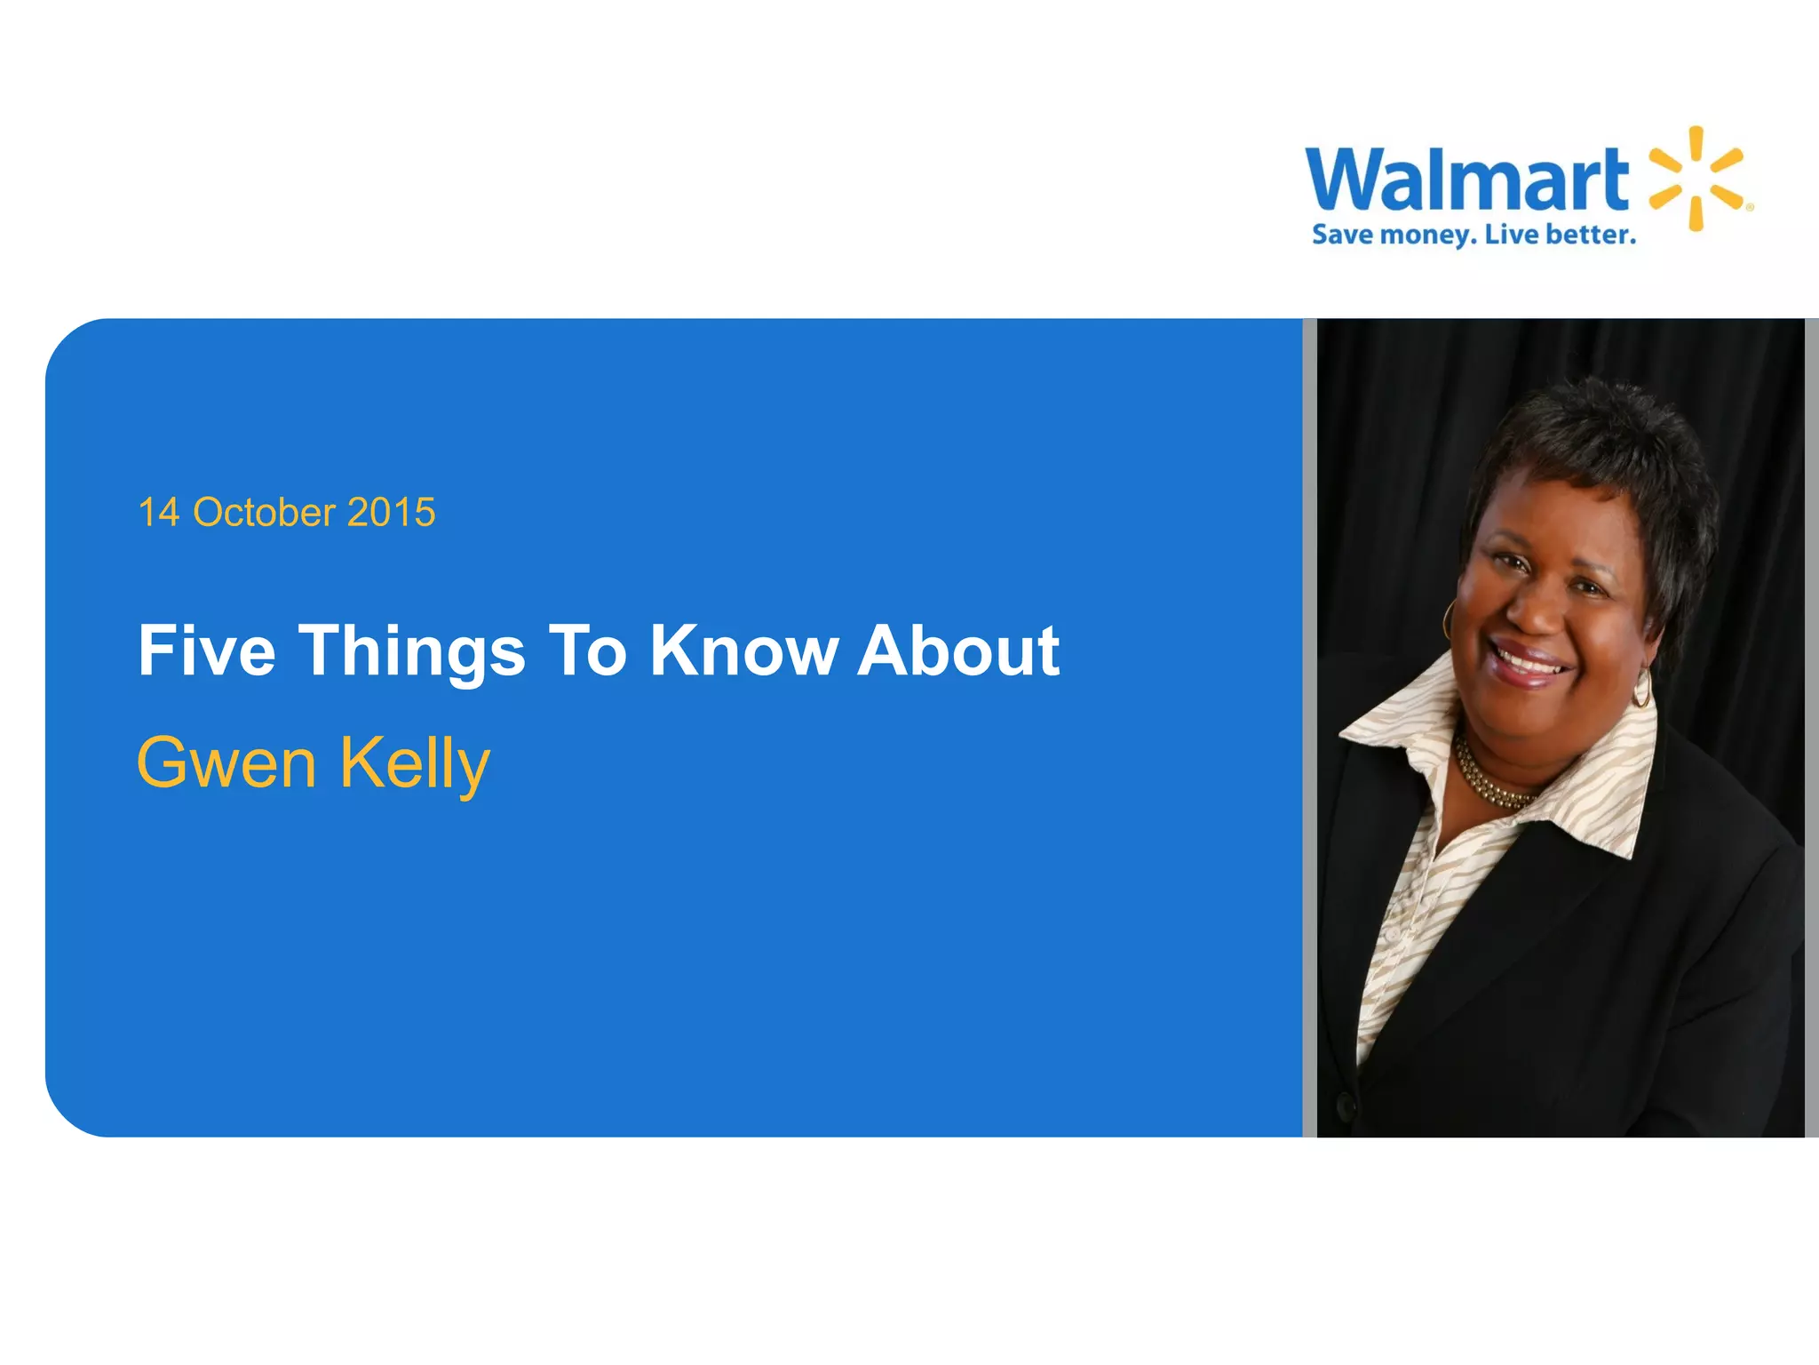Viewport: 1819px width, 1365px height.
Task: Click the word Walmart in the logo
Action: (1466, 180)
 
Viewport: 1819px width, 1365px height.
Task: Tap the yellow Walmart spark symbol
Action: (1696, 179)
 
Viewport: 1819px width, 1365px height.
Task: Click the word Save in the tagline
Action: (1342, 235)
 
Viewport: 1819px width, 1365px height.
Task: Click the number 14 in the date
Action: (159, 513)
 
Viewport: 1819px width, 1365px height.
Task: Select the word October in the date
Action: (264, 513)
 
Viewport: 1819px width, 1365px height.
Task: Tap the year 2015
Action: (391, 513)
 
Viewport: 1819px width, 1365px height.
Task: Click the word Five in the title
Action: (207, 651)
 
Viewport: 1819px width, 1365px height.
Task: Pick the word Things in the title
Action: (412, 652)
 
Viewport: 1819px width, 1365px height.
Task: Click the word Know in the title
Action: (743, 651)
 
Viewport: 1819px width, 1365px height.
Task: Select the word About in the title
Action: (958, 651)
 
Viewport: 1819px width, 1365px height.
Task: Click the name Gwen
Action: (226, 762)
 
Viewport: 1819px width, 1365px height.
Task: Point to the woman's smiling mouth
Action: (1528, 662)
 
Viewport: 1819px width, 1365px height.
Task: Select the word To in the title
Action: (587, 651)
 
